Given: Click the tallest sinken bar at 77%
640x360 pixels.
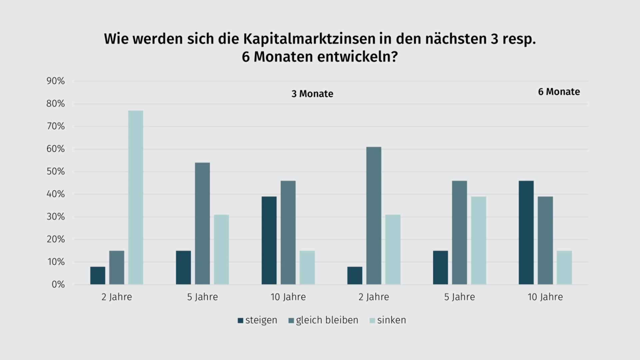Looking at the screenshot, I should coord(136,197).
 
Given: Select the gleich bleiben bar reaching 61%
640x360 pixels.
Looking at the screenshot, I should coord(374,216).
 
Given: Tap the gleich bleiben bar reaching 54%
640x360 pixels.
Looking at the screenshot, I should coord(202,223).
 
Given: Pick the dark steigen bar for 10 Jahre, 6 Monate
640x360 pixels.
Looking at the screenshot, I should coord(526,233).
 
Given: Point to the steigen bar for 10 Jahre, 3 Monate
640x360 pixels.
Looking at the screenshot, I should coord(269,240).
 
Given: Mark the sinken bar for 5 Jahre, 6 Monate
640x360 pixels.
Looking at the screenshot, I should coord(478,240).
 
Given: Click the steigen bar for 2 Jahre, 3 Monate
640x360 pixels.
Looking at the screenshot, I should coord(98,275).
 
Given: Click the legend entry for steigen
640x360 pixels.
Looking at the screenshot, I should coord(257,320).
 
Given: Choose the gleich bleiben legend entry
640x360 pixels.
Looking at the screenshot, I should coord(323,320).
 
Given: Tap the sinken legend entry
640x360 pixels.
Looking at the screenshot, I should coord(388,320).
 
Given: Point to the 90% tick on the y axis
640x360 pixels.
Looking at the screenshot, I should coord(56,81).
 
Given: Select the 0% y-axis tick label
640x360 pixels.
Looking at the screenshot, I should coord(58,285).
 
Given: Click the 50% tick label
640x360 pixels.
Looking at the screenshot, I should coord(56,172).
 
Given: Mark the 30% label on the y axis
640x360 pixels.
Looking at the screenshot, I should coord(56,217).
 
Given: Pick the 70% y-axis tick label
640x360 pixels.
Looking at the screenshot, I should coord(56,126).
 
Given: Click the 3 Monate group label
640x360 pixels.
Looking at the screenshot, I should coord(312,94).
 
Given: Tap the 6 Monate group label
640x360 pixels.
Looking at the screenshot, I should coord(559,92).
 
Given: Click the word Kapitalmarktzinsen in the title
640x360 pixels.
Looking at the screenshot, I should coord(309,39).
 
